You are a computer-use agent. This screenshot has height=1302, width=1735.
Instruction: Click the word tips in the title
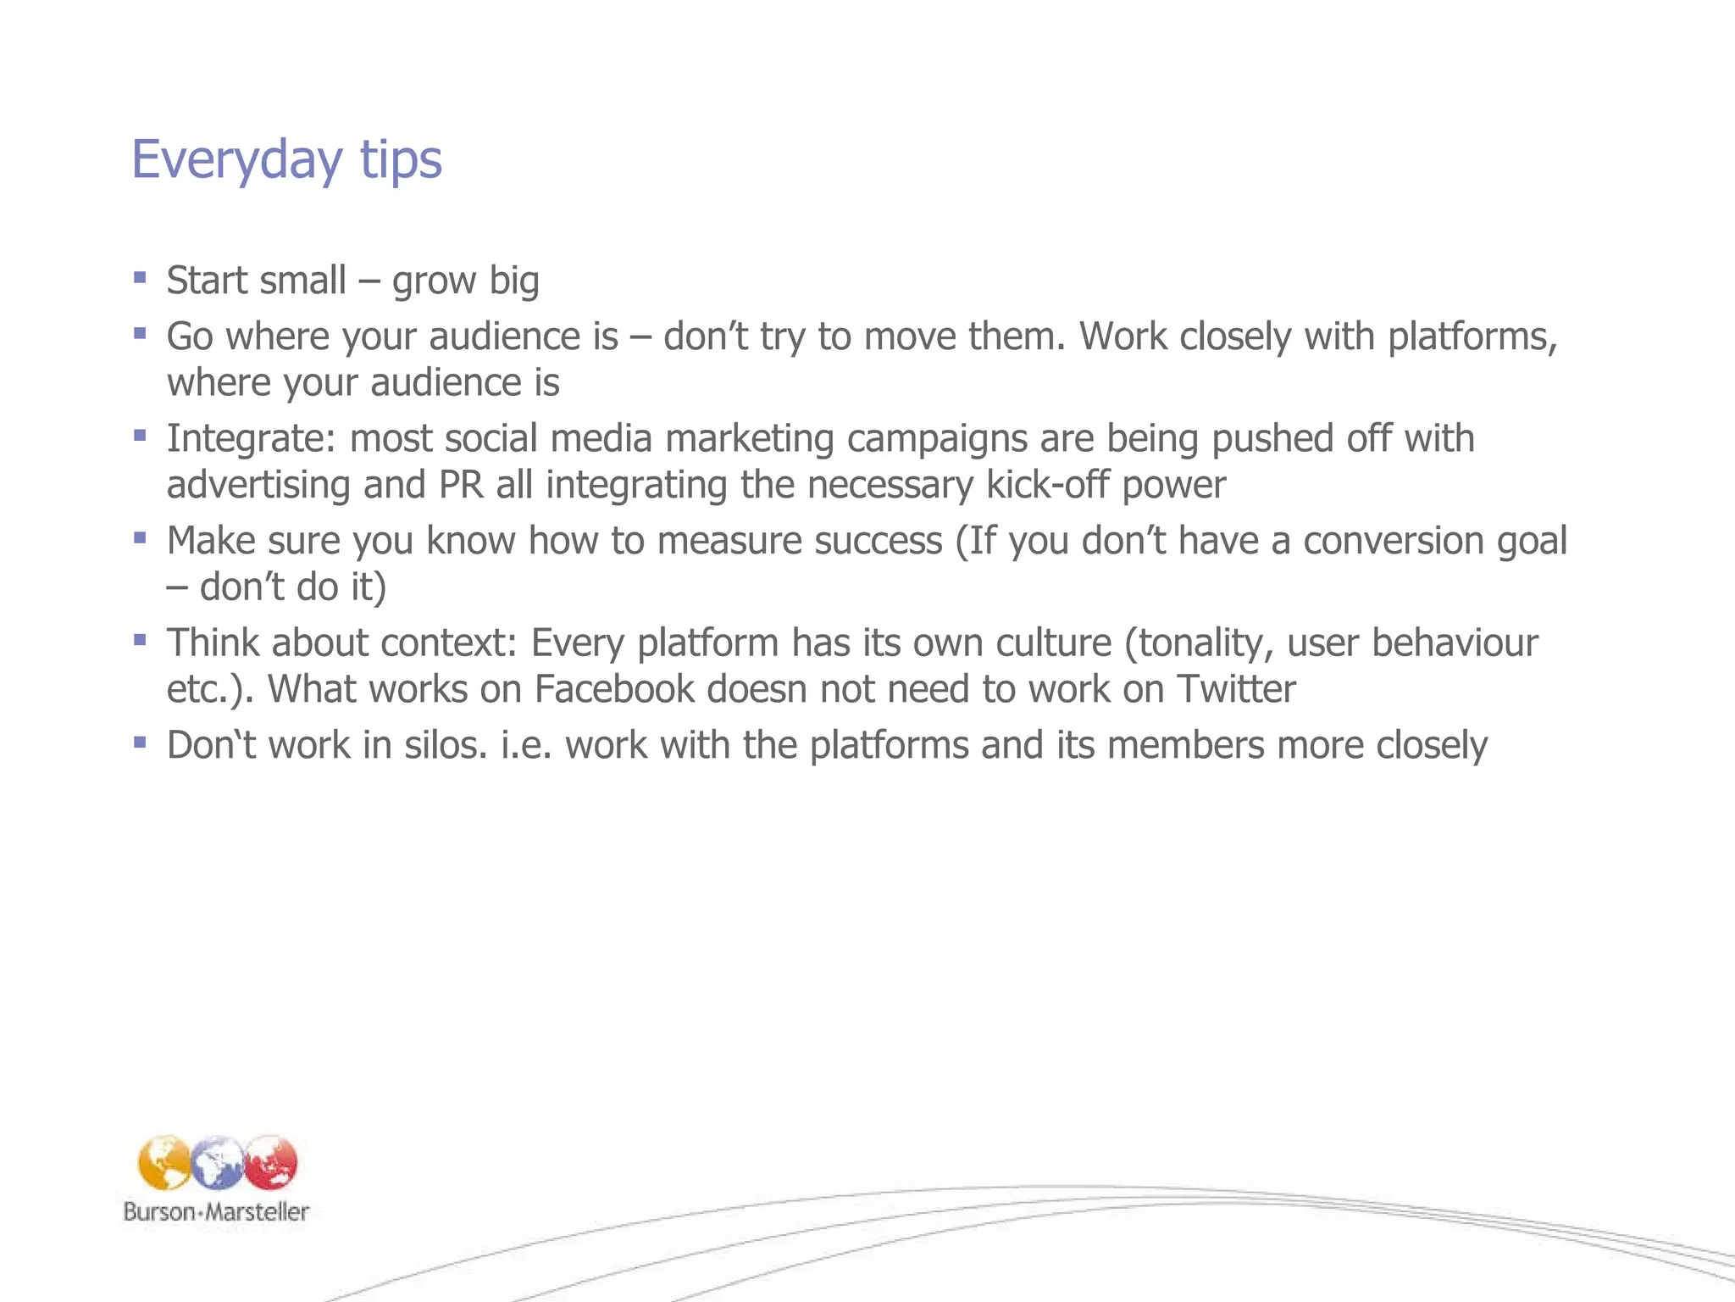(x=401, y=159)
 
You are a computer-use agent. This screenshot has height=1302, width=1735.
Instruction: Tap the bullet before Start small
(x=140, y=276)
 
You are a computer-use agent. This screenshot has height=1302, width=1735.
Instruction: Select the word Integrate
(x=250, y=439)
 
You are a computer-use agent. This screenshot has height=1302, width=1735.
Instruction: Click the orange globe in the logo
(x=164, y=1162)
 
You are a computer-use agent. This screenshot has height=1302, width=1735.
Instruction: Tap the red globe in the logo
(x=271, y=1162)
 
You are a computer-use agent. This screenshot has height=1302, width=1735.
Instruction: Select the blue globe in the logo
(x=218, y=1163)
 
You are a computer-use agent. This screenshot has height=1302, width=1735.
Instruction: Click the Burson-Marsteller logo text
(x=216, y=1211)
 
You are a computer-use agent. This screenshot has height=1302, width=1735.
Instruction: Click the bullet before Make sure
(x=140, y=537)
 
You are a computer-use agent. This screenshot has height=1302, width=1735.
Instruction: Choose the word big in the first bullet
(x=514, y=281)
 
